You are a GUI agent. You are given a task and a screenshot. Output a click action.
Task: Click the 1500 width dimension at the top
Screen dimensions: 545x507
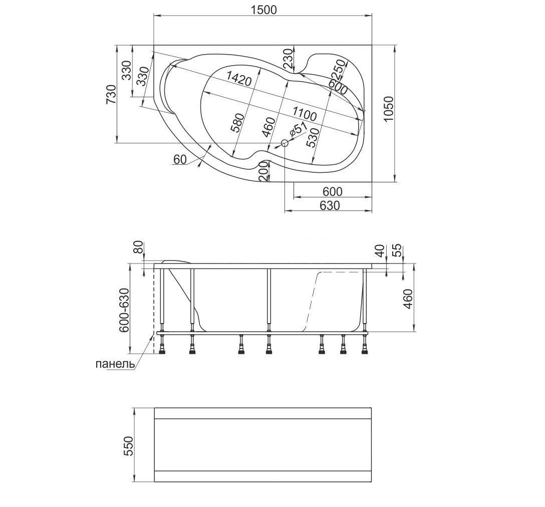[264, 10]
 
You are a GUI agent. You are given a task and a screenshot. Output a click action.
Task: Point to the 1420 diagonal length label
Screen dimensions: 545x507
[239, 79]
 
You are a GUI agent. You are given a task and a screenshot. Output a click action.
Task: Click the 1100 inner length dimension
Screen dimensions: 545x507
[304, 114]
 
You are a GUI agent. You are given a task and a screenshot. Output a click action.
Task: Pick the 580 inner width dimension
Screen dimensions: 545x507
[238, 123]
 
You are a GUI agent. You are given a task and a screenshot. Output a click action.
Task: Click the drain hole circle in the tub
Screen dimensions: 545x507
[285, 143]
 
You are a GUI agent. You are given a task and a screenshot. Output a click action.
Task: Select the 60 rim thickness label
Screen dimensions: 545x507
[180, 160]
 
